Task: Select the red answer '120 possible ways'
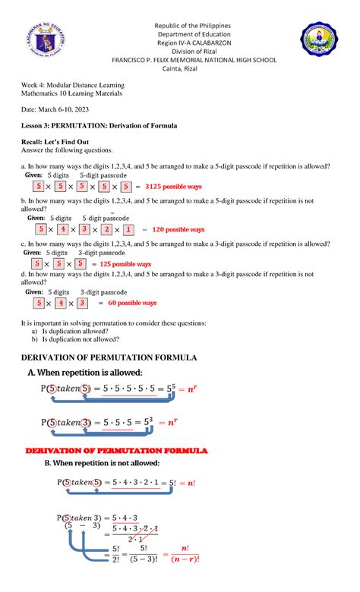[x=178, y=229]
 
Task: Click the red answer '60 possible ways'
[x=132, y=302]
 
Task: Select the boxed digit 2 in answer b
[x=107, y=229]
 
